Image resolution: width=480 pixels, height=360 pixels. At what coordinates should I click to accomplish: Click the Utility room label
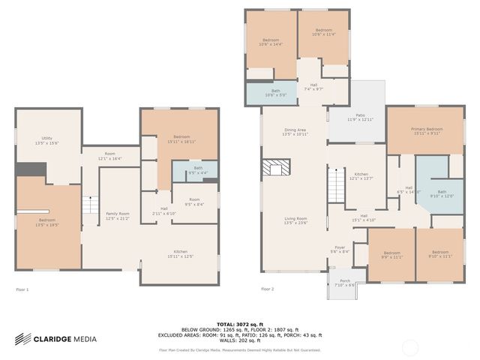[46, 140]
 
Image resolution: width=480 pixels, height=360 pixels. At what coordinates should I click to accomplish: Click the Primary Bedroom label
[426, 131]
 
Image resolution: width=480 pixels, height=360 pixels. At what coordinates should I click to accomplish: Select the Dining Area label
[295, 132]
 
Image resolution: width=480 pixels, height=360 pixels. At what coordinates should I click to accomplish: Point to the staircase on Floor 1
[90, 204]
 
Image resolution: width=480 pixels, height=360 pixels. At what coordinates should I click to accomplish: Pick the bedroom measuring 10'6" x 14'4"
[271, 42]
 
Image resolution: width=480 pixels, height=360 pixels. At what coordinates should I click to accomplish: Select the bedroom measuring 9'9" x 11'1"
[391, 255]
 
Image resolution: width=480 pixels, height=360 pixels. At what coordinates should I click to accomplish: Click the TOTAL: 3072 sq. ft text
[240, 320]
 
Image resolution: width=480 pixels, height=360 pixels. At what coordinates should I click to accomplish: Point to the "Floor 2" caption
[268, 289]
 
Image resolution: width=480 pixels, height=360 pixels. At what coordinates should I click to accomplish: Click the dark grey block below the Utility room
[30, 169]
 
